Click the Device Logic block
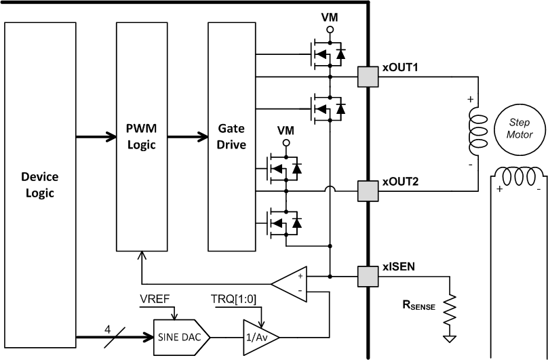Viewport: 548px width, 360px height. tap(40, 184)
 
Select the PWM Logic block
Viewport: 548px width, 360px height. tap(142, 136)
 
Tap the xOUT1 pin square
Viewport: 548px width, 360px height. tap(367, 77)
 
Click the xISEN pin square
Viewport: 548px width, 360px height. tap(367, 277)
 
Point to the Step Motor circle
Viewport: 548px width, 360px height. tap(513, 128)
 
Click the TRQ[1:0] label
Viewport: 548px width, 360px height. tap(234, 298)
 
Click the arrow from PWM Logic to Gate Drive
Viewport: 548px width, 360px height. tap(187, 136)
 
